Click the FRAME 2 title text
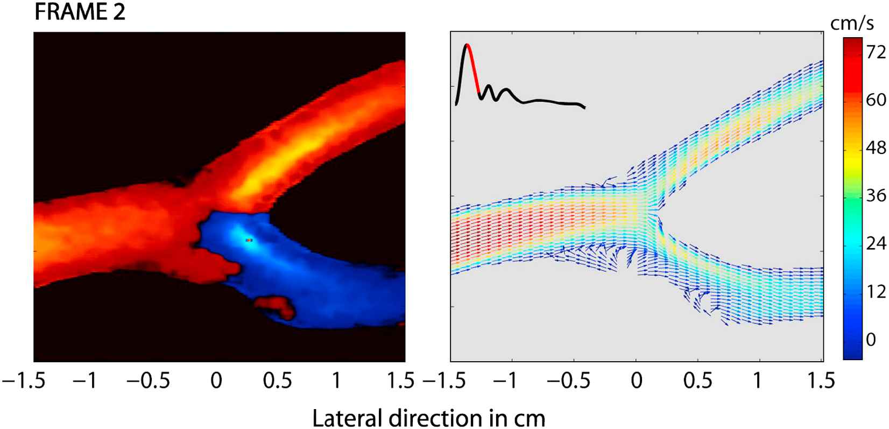pyautogui.click(x=80, y=12)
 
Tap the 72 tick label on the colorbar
pyautogui.click(x=873, y=52)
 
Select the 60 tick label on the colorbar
pyautogui.click(x=873, y=100)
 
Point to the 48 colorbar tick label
pyautogui.click(x=873, y=148)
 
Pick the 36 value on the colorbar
pyautogui.click(x=873, y=196)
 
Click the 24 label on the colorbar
pyautogui.click(x=873, y=244)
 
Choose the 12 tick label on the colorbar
pyautogui.click(x=873, y=292)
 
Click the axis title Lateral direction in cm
pyautogui.click(x=428, y=418)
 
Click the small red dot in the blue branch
pyautogui.click(x=249, y=240)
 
